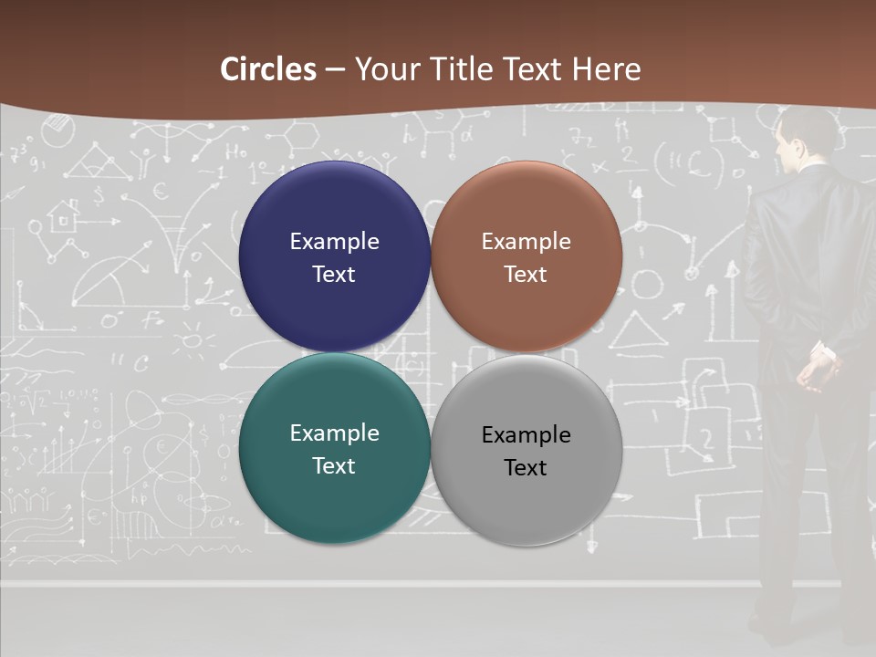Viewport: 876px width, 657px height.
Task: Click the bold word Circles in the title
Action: coord(268,69)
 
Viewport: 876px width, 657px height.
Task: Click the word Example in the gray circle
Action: coord(527,435)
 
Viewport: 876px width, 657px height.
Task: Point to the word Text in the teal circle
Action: coord(334,466)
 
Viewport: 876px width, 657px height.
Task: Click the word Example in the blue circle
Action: coord(334,242)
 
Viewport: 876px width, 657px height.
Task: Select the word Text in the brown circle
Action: coord(527,275)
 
